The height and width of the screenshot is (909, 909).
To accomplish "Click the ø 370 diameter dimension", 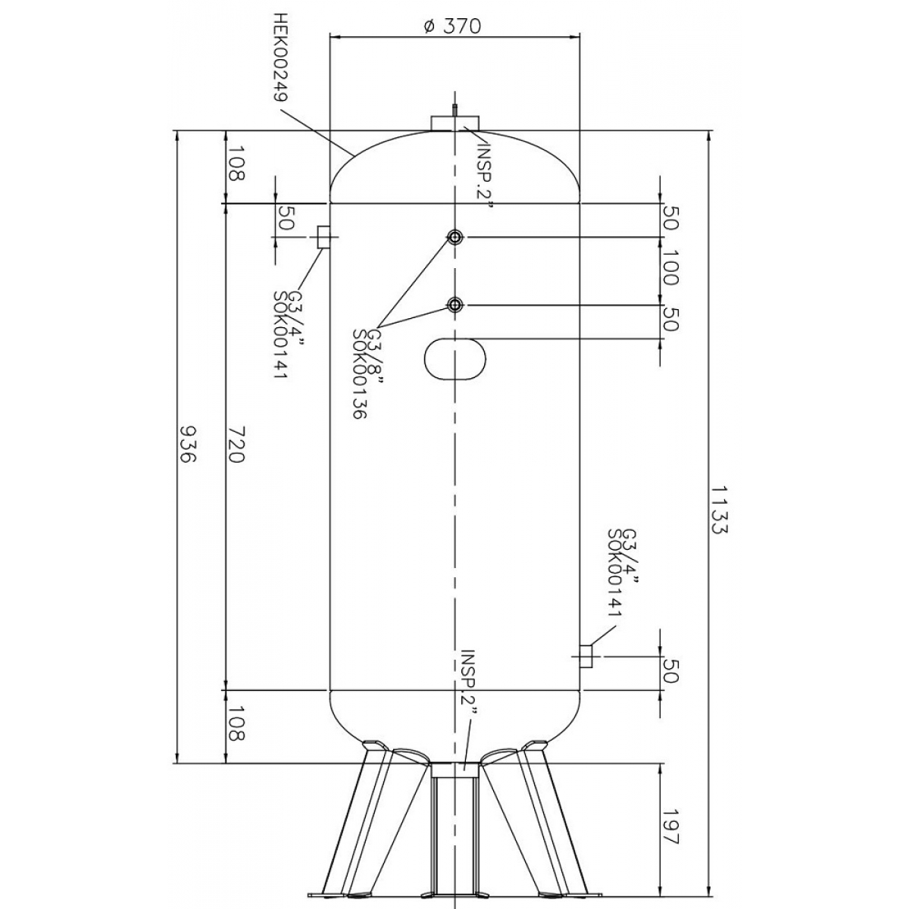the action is [x=452, y=27].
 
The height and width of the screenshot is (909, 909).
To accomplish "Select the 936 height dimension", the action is [x=187, y=445].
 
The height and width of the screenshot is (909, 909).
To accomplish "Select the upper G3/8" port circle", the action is [x=455, y=237].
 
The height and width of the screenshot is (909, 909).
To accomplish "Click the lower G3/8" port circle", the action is [x=455, y=306].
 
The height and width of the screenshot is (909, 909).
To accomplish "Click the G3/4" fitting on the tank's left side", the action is [x=323, y=237].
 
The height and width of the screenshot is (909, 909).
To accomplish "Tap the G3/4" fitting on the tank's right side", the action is [x=586, y=656].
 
